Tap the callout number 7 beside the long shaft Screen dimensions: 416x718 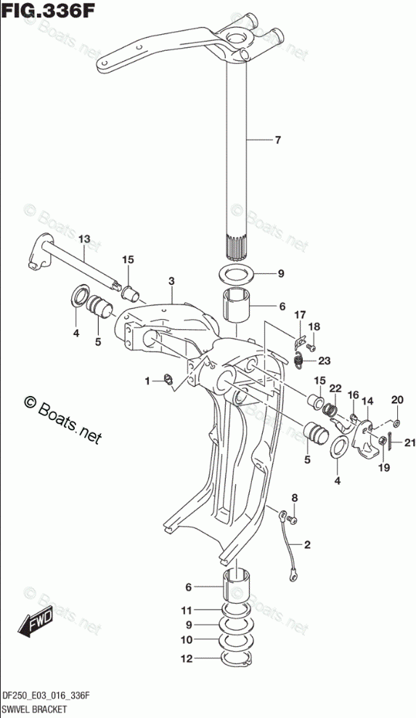[278, 140]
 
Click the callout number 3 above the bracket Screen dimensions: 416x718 [171, 281]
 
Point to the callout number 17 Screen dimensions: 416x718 [300, 315]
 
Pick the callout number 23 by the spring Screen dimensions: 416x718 [324, 361]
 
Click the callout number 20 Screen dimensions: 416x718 [397, 400]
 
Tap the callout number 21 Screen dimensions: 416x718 [397, 443]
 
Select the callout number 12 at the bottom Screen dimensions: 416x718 [187, 659]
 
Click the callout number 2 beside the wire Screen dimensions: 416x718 [307, 544]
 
